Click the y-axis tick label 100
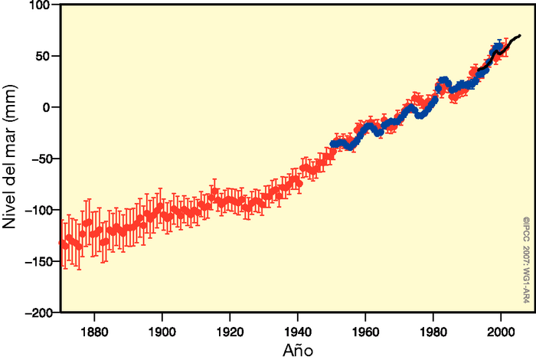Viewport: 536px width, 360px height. pyautogui.click(x=39, y=5)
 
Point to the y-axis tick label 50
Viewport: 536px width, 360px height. pyautogui.click(x=42, y=56)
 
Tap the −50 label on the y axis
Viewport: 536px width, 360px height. pyautogui.click(x=39, y=159)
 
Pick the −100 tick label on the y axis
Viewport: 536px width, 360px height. pyautogui.click(x=36, y=210)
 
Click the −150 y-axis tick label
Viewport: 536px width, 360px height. pyautogui.click(x=36, y=262)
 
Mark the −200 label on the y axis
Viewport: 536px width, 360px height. pyautogui.click(x=36, y=313)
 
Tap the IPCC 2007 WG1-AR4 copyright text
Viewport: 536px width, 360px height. pyautogui.click(x=526, y=264)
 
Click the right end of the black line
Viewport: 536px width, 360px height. pyautogui.click(x=520, y=35)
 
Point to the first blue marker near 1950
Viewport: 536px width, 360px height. pyautogui.click(x=333, y=144)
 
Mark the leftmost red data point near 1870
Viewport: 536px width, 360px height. pyautogui.click(x=62, y=243)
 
